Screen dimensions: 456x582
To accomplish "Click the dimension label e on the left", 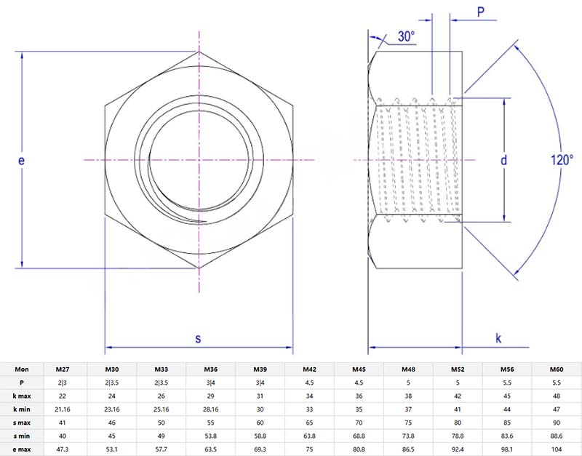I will click(x=22, y=161).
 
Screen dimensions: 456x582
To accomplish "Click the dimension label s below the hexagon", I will click(x=198, y=338).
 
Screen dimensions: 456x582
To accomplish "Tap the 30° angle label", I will click(x=406, y=36).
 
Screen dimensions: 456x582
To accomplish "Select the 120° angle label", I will click(x=561, y=161).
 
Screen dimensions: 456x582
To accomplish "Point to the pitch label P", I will click(x=480, y=12).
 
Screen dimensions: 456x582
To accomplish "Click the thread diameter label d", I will click(x=503, y=161).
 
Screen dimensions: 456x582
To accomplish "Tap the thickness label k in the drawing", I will click(x=498, y=338).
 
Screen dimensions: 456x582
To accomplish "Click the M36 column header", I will click(x=210, y=369).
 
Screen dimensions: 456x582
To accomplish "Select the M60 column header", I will click(x=557, y=369).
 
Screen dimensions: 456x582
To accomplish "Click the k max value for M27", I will click(x=62, y=396).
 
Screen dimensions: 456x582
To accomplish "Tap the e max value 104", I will click(x=557, y=449).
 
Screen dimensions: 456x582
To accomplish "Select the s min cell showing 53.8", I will click(x=210, y=436).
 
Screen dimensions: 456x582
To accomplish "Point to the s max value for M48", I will click(x=408, y=423).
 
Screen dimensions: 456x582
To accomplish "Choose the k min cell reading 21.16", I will click(x=62, y=409).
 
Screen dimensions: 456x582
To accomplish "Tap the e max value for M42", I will click(x=309, y=449).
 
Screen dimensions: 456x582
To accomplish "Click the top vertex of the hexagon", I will click(x=199, y=52).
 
